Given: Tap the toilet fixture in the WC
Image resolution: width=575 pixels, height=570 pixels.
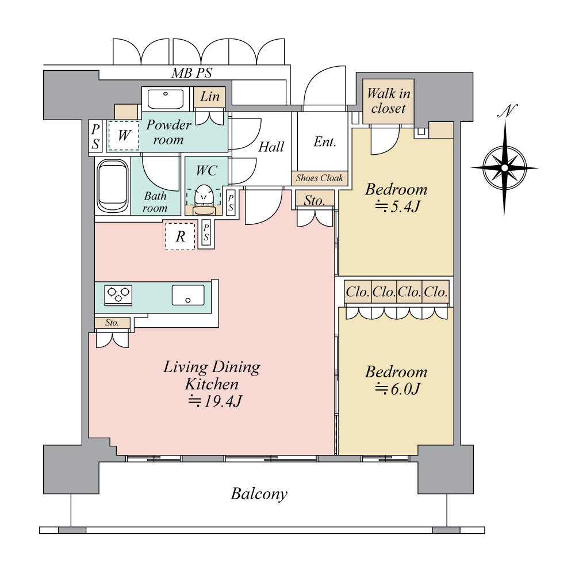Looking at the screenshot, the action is pyautogui.click(x=204, y=200).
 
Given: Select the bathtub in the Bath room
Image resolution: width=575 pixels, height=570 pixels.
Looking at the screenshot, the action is pyautogui.click(x=113, y=186).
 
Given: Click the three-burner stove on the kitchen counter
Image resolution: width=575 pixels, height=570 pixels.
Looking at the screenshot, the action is pyautogui.click(x=118, y=295).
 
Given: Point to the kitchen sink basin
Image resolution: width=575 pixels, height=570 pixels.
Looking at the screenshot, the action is pyautogui.click(x=188, y=295).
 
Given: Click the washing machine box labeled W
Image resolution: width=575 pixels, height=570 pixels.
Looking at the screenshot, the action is pyautogui.click(x=124, y=135).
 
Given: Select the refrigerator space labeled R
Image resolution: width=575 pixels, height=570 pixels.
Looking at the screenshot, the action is pyautogui.click(x=179, y=236).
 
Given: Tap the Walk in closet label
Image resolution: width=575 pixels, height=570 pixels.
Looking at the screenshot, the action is pyautogui.click(x=388, y=101).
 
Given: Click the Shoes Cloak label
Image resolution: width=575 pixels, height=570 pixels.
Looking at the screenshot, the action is pyautogui.click(x=319, y=178).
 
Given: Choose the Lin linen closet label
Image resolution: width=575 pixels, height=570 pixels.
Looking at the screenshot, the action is pyautogui.click(x=210, y=97).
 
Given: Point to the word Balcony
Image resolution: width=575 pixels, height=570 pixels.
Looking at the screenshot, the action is pyautogui.click(x=259, y=494).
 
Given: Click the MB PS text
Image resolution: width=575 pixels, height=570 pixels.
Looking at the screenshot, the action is pyautogui.click(x=192, y=73).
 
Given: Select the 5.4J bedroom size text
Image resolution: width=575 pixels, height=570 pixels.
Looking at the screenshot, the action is pyautogui.click(x=397, y=207).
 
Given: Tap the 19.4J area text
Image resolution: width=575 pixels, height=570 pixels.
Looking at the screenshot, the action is pyautogui.click(x=214, y=401).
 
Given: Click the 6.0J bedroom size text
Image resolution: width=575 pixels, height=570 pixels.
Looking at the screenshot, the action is pyautogui.click(x=397, y=389).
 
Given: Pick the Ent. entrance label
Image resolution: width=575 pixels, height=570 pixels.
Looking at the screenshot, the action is pyautogui.click(x=324, y=142).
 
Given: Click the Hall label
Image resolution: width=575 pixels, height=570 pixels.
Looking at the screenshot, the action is pyautogui.click(x=271, y=147).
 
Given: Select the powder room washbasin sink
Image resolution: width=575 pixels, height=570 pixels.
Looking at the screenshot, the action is pyautogui.click(x=166, y=99).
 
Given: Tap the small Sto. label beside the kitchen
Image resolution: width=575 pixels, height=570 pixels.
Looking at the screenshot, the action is pyautogui.click(x=112, y=323).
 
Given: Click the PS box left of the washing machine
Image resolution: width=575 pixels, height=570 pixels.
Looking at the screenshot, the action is pyautogui.click(x=95, y=136).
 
